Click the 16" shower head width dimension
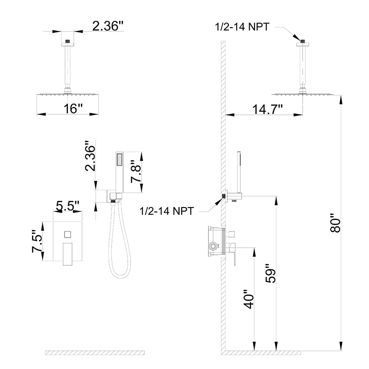(73, 108)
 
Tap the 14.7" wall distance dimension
(268, 109)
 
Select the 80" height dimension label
(335, 223)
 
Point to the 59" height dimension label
(270, 274)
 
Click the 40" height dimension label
(249, 299)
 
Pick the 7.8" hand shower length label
(136, 172)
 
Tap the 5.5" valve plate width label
(68, 206)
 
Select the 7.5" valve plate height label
(37, 241)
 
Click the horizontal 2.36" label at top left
(108, 26)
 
